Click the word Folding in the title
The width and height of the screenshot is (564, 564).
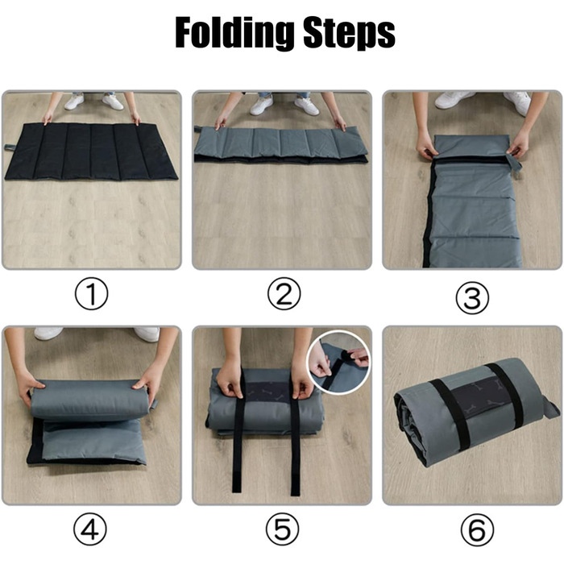[x=234, y=33]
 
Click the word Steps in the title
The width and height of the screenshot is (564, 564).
[x=349, y=33]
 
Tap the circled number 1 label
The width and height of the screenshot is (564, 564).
[x=91, y=293]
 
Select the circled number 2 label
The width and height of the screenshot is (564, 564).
[x=284, y=293]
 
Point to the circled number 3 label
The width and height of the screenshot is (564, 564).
[x=472, y=297]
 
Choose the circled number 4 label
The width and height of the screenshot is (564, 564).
[x=90, y=529]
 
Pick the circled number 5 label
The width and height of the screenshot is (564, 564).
[x=282, y=529]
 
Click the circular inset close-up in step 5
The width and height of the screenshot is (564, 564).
[x=338, y=362]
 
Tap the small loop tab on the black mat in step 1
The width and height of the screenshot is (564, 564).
[x=9, y=147]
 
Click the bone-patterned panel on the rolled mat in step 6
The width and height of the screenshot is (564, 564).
[x=476, y=396]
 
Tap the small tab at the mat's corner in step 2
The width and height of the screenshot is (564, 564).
[x=198, y=129]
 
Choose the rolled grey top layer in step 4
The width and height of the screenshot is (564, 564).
[x=89, y=400]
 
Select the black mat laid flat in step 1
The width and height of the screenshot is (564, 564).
[x=91, y=151]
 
